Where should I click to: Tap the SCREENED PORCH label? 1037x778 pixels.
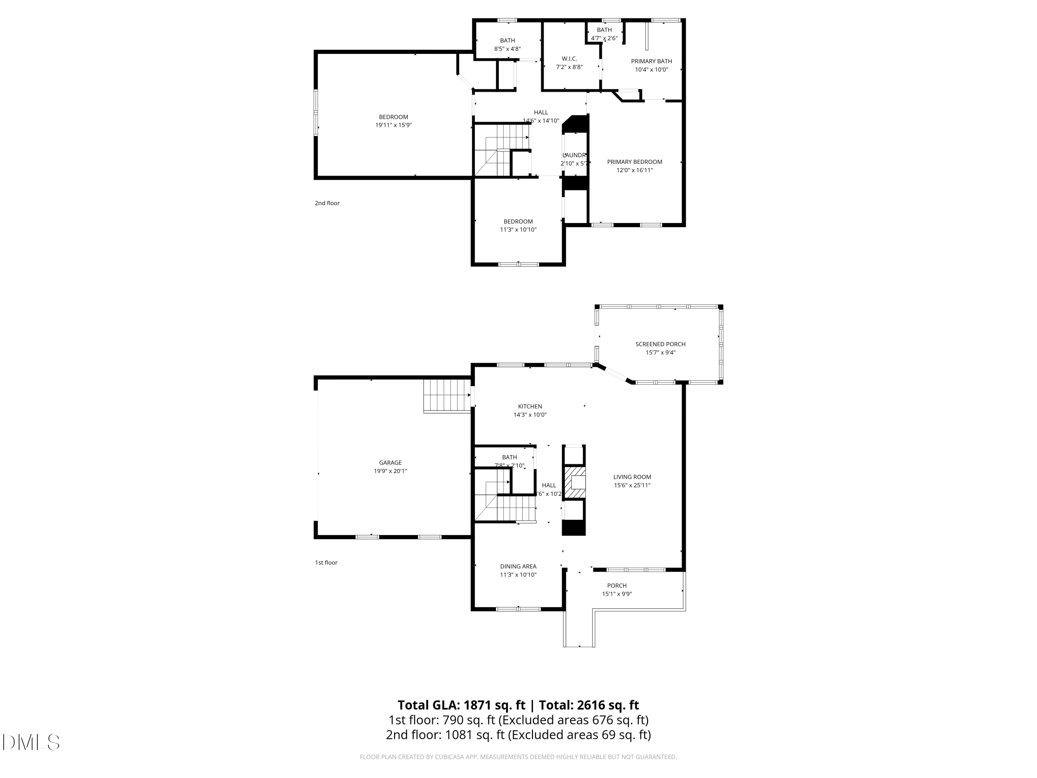(x=660, y=344)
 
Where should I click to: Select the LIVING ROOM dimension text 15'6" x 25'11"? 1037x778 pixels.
(x=632, y=485)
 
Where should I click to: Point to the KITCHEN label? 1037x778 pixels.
(x=530, y=407)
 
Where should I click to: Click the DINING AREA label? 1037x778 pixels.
(x=518, y=566)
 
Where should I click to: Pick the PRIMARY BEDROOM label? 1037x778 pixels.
(x=634, y=162)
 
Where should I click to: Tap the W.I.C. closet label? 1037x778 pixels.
(x=569, y=59)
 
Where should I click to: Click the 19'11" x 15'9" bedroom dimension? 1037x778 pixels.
(x=393, y=125)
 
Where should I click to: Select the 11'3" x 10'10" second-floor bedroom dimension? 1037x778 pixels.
(x=518, y=230)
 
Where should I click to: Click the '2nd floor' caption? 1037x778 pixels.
(x=327, y=203)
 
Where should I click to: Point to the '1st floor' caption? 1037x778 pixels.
(x=326, y=563)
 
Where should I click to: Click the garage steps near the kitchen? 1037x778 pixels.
(x=447, y=395)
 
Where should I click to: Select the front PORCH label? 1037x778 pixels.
(x=616, y=586)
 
